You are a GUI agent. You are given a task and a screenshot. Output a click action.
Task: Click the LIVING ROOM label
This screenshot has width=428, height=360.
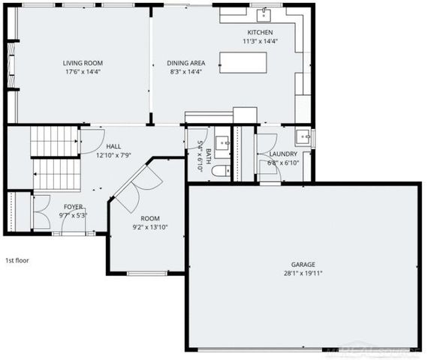pyautogui.click(x=83, y=63)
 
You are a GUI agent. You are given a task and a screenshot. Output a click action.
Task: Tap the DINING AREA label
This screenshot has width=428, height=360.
pyautogui.click(x=185, y=63)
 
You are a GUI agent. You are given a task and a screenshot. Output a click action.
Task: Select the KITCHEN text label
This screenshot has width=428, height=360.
pyautogui.click(x=260, y=32)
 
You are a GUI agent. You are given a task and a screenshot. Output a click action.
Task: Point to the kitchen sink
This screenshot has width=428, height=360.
pyautogui.click(x=264, y=13)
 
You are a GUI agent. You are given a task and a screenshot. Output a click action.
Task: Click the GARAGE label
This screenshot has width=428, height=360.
pyautogui.click(x=303, y=264)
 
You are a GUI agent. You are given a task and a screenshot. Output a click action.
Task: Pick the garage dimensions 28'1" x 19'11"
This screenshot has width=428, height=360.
pyautogui.click(x=303, y=273)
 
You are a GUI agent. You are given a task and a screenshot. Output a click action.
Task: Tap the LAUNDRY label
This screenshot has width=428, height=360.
pyautogui.click(x=284, y=154)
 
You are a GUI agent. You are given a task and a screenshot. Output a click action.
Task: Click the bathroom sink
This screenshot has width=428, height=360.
pyautogui.click(x=222, y=141)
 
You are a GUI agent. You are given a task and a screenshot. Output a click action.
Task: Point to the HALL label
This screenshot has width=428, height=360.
pyautogui.click(x=113, y=147)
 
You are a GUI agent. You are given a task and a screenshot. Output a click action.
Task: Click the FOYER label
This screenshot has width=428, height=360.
pyautogui.click(x=73, y=206)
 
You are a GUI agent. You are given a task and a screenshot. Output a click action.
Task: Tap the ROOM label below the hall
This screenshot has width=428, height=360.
pyautogui.click(x=150, y=218)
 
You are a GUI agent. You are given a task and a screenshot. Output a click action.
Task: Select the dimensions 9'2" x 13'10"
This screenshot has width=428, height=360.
pyautogui.click(x=150, y=227)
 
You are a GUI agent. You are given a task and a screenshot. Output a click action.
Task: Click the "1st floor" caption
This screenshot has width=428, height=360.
pyautogui.click(x=17, y=260)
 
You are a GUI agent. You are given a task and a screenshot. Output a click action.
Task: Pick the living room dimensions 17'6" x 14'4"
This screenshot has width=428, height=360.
pyautogui.click(x=83, y=72)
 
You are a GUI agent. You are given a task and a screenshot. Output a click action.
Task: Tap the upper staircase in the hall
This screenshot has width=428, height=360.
pyautogui.click(x=55, y=140)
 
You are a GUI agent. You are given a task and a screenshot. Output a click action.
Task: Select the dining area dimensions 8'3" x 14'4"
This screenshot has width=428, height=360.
pyautogui.click(x=185, y=72)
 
